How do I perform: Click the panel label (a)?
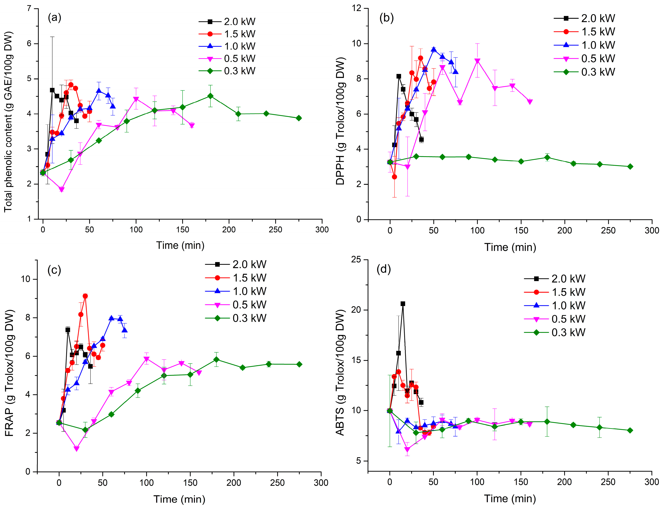[x=55, y=18]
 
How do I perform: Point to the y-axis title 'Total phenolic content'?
[x=9, y=121]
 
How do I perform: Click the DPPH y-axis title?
[x=340, y=121]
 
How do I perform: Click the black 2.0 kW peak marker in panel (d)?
[x=403, y=304]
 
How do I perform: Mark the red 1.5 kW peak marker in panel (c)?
[x=85, y=296]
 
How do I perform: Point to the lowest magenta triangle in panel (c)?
[x=76, y=449]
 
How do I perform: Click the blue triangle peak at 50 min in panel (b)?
[x=434, y=49]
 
